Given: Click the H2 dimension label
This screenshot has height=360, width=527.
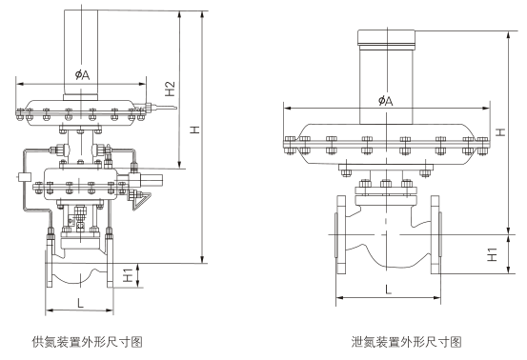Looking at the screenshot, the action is [x=171, y=89].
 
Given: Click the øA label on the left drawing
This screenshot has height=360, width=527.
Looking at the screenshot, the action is [x=82, y=74].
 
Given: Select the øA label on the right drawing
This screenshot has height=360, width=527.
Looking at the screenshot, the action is [x=385, y=100].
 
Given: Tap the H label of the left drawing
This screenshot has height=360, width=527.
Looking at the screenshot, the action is [x=194, y=130].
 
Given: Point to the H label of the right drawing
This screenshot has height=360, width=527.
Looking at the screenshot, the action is [x=500, y=132].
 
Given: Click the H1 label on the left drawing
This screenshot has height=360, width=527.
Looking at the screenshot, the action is [x=128, y=275].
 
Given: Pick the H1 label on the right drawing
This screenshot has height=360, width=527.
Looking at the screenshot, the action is [x=492, y=254].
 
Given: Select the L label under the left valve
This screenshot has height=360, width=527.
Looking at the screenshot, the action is [x=80, y=303].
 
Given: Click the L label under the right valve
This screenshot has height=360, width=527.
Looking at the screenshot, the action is [x=388, y=290].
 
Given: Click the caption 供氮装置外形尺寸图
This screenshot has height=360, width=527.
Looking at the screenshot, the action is [x=88, y=342].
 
